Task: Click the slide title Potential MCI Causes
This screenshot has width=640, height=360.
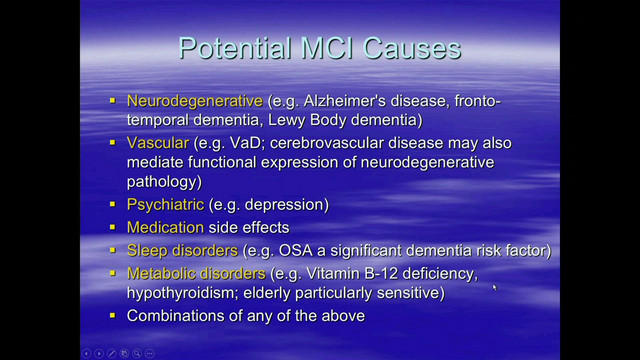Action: [319, 48]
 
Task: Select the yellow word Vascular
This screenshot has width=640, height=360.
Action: [159, 144]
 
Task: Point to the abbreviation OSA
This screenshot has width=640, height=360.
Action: [301, 250]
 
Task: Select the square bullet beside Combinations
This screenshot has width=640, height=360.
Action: [113, 317]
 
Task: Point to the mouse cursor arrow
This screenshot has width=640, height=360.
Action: [495, 289]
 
